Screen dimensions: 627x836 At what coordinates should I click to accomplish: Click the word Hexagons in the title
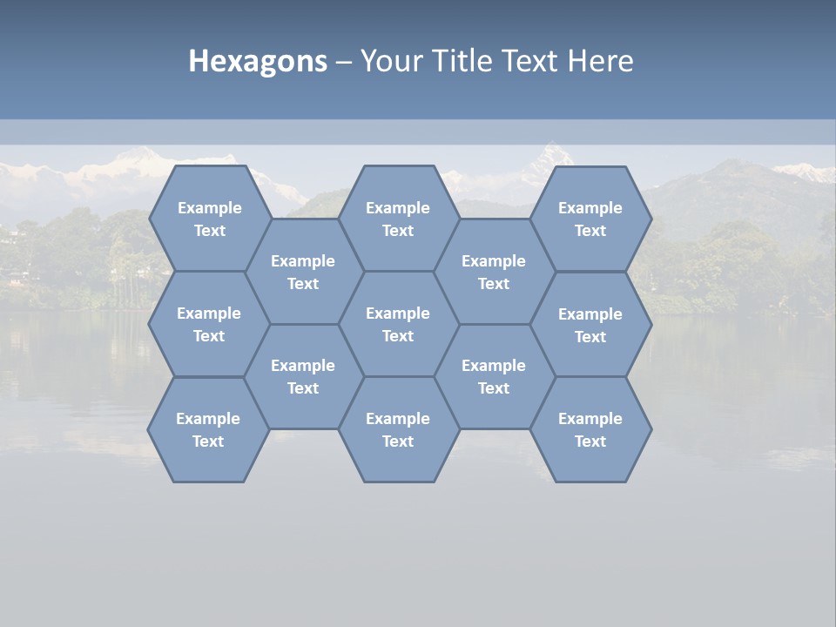coord(258,61)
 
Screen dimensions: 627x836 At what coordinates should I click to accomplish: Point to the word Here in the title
coord(600,61)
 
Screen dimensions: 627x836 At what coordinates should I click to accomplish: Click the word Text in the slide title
coord(530,61)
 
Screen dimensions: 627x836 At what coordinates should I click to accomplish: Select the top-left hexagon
coord(209,219)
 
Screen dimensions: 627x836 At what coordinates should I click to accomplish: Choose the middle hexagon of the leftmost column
coord(209,324)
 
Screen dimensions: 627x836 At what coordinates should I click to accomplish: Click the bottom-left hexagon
coord(208,429)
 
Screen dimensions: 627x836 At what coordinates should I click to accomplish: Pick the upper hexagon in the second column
coord(303,272)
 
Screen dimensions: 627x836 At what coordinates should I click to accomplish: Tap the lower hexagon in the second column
coord(303,376)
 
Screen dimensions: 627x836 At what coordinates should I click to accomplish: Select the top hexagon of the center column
coord(398,219)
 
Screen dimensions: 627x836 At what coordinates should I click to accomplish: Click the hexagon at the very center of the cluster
coord(398,324)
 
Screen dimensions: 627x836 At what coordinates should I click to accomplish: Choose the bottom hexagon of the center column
coord(398,429)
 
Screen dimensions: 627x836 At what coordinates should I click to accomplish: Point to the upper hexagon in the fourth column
coord(494,272)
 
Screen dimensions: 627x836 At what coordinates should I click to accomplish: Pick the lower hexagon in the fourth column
coord(494,376)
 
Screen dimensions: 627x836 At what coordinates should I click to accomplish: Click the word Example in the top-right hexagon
coord(590,208)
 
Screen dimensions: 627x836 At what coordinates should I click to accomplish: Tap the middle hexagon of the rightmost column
coord(590,325)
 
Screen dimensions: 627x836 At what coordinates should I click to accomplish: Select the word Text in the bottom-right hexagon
coord(590,442)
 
